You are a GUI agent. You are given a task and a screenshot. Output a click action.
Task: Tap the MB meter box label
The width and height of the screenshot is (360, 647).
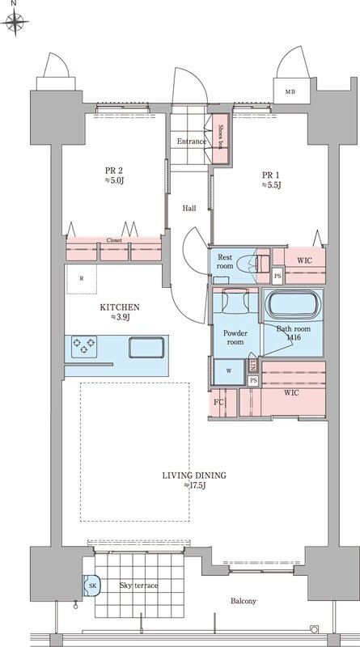[291, 91]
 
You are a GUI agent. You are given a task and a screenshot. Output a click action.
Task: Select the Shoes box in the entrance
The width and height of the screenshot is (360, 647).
[221, 137]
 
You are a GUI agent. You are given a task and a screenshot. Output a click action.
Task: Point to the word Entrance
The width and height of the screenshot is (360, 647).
[192, 142]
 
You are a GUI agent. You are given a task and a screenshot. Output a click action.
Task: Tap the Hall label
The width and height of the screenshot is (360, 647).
[189, 209]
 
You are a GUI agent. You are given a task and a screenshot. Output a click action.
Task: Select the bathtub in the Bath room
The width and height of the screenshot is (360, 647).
[293, 305]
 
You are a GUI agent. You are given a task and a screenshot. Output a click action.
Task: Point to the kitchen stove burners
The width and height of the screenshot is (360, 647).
[84, 347]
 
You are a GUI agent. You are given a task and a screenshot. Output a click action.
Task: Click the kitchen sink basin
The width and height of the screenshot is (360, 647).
[146, 348]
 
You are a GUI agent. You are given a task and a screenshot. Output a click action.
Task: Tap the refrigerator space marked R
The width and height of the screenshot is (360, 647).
[82, 279]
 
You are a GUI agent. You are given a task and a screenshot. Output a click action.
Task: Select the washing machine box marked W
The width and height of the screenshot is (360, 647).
[229, 371]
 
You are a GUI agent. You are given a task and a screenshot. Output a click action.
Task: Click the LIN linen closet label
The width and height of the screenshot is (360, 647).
[253, 366]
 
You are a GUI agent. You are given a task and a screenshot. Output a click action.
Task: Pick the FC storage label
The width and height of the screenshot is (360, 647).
[218, 402]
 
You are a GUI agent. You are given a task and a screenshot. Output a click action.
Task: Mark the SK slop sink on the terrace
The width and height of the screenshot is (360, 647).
[91, 586]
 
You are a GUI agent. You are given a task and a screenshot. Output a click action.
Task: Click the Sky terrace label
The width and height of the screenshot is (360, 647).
[138, 586]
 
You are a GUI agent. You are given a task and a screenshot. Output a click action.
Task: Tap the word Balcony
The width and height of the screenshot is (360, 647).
[244, 601]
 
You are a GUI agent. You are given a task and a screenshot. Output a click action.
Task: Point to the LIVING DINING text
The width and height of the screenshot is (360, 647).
[194, 476]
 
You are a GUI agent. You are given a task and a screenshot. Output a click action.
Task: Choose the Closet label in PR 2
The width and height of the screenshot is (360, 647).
[114, 240]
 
